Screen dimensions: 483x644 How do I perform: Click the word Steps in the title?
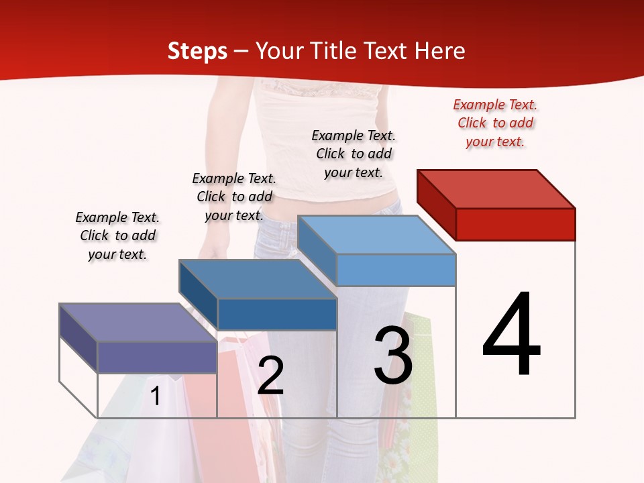click(x=197, y=51)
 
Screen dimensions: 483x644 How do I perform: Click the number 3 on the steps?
click(x=393, y=356)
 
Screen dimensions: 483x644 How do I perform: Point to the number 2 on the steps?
click(x=270, y=375)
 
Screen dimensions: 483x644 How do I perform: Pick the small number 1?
click(x=156, y=396)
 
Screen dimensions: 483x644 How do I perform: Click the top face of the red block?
click(x=496, y=189)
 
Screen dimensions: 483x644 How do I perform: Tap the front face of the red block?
click(x=515, y=224)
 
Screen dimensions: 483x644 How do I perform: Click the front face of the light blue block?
click(x=396, y=270)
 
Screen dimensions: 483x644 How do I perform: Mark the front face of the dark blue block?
click(x=277, y=314)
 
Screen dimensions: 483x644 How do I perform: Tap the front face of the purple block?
click(x=157, y=357)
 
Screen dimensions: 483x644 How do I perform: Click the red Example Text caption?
click(x=495, y=123)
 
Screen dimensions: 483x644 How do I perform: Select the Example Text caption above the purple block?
click(x=117, y=236)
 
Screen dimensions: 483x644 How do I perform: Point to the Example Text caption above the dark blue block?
click(x=234, y=197)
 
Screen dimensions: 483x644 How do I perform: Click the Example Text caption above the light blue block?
click(x=354, y=154)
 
